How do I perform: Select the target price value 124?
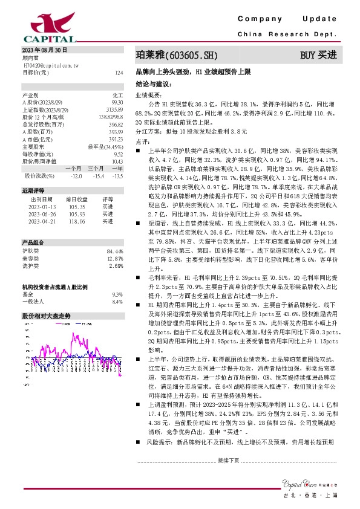coord(119,72)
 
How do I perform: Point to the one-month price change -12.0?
coord(76,176)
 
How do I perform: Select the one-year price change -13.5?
coord(117,176)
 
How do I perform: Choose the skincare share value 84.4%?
coord(114,251)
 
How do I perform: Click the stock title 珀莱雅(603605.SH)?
coord(175,56)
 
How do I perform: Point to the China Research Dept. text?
coord(287,35)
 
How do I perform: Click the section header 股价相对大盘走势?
coord(47,316)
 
